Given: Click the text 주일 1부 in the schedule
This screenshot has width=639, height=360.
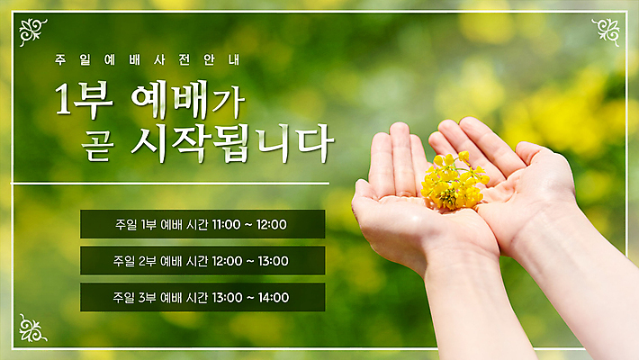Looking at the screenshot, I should (x=136, y=224).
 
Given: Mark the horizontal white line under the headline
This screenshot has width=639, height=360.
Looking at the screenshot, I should (x=171, y=184).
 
